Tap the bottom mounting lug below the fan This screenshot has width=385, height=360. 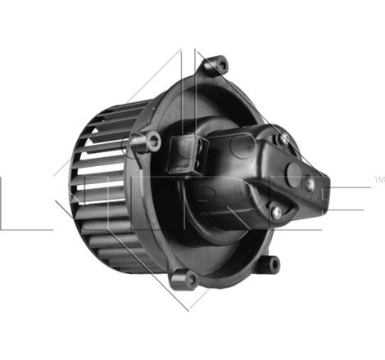189,278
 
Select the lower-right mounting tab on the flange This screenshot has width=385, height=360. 272,263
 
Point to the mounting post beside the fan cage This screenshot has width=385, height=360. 151,142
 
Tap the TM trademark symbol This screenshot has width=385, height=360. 378,178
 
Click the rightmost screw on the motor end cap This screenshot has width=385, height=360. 310,184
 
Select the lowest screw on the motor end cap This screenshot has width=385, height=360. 277,211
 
